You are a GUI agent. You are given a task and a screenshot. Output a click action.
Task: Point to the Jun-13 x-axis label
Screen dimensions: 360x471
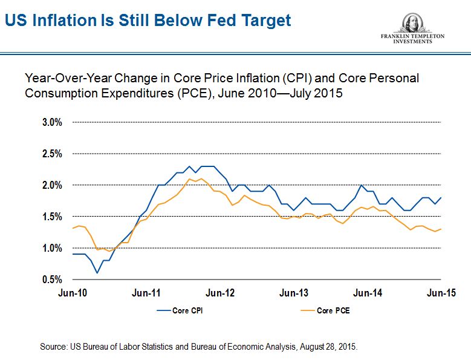coord(294,293)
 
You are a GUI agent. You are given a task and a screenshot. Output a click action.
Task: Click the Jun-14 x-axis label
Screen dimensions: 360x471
coord(368,293)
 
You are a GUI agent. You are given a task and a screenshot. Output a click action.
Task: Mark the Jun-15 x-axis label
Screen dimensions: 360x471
coord(440,293)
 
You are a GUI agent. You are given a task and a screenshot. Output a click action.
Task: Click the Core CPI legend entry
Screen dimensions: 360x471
coord(184,311)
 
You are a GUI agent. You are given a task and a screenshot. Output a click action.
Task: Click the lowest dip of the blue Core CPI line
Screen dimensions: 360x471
coord(97,273)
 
